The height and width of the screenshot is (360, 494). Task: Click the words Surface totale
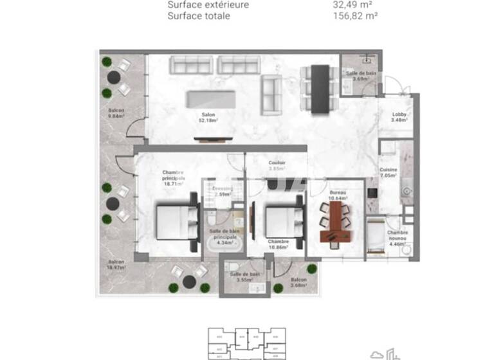[198, 15]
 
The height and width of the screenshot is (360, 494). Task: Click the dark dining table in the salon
[320, 88]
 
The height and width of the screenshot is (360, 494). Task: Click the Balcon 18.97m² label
[116, 265]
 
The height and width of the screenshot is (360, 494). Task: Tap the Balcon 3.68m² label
[298, 283]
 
